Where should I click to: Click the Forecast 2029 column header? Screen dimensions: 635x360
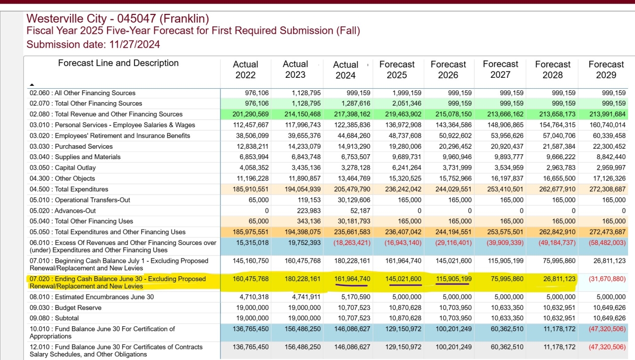(x=606, y=69)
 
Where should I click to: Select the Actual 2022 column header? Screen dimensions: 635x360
(x=246, y=69)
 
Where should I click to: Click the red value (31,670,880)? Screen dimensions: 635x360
(x=607, y=279)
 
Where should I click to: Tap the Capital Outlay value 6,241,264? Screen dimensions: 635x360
(x=406, y=168)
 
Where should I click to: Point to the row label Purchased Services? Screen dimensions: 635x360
(x=84, y=146)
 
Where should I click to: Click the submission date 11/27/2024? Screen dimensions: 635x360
(x=134, y=45)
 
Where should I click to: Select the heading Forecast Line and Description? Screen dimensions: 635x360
(x=118, y=63)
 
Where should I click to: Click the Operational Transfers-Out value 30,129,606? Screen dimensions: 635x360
(x=354, y=200)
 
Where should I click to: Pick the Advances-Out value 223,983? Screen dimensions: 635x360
(x=309, y=211)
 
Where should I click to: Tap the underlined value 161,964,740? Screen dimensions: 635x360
(x=352, y=279)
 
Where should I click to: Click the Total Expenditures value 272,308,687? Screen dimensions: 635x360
(x=607, y=189)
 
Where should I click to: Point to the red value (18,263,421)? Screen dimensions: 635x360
(x=352, y=243)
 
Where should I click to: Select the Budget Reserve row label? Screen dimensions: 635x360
(x=78, y=308)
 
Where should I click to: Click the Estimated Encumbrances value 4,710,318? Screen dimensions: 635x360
(x=254, y=297)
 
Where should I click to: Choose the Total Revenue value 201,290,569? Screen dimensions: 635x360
(x=251, y=114)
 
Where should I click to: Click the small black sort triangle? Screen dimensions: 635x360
(x=32, y=84)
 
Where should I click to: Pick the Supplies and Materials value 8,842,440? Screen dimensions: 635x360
(x=611, y=157)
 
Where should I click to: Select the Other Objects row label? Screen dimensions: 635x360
(x=75, y=179)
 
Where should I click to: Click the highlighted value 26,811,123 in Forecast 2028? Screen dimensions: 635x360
(x=559, y=279)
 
